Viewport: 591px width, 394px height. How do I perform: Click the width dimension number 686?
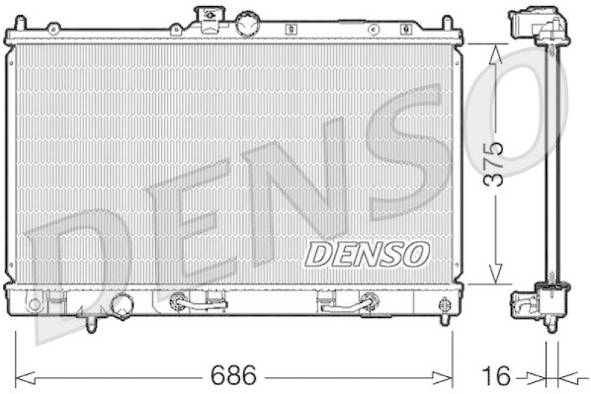tap(235, 376)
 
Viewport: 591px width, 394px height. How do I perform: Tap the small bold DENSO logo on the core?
tap(367, 254)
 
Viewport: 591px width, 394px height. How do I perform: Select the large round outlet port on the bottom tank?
tap(121, 305)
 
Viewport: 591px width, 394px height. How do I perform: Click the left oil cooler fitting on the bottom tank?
tap(180, 302)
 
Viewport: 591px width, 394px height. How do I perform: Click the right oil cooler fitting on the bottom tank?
tap(367, 301)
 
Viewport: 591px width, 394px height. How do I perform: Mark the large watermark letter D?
tap(81, 259)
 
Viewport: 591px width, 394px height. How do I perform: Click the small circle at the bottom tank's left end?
tap(33, 304)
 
